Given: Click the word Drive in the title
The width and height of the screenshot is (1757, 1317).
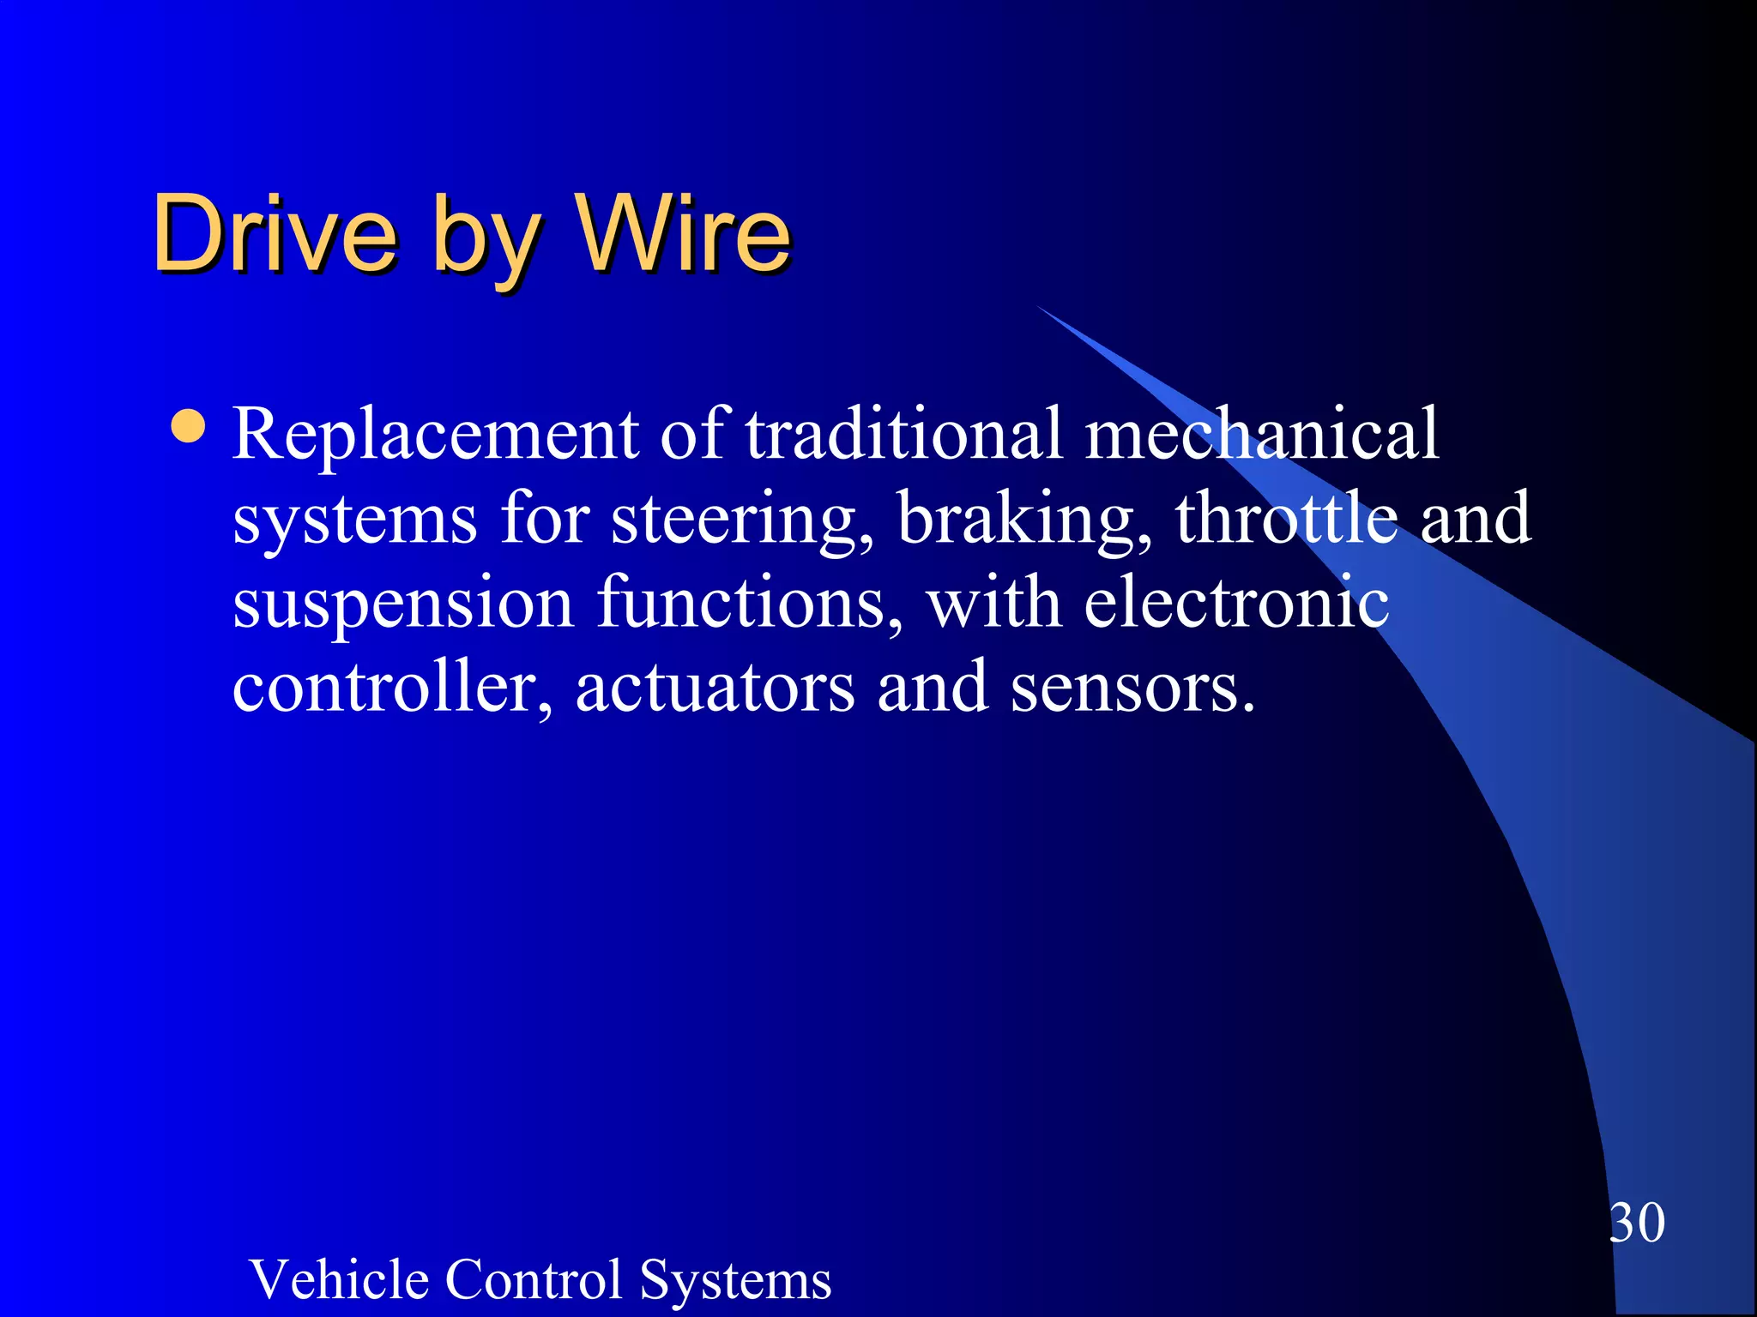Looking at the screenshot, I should pyautogui.click(x=275, y=233).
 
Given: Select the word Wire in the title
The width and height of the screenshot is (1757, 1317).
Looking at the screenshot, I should pyautogui.click(x=684, y=233).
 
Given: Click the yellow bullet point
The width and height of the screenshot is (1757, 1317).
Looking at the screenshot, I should pyautogui.click(x=188, y=426).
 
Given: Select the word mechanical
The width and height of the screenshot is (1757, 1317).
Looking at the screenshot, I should pyautogui.click(x=1261, y=434).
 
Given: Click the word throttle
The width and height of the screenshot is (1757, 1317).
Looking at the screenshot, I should pyautogui.click(x=1287, y=518).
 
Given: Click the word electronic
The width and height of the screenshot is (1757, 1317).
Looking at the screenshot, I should pyautogui.click(x=1236, y=602).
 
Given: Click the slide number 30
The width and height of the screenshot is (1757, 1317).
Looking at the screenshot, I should pyautogui.click(x=1637, y=1223).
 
